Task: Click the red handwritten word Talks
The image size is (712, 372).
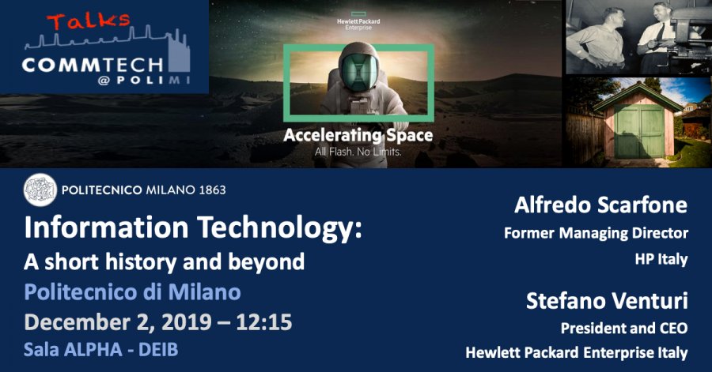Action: pos(89,21)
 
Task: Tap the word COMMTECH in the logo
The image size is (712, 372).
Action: pos(93,65)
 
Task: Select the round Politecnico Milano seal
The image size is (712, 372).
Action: pos(40,190)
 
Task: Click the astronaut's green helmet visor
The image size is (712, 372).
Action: pos(358,72)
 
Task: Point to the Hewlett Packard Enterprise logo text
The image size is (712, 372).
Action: pos(358,24)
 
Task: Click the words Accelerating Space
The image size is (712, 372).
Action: pos(358,136)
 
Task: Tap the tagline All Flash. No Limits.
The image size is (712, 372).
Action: pos(358,152)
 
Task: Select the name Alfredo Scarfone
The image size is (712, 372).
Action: pos(600,205)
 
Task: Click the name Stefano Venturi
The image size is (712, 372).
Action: pos(607,301)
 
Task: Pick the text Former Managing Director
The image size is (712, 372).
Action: pos(596,233)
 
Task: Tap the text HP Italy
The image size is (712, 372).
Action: pos(661,259)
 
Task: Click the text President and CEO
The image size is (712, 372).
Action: pos(624,328)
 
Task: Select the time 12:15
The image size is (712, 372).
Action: pos(263,322)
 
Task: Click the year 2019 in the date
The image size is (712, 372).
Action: pos(187,322)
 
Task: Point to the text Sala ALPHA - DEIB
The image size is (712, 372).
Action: pos(100,349)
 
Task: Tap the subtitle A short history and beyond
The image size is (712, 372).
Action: pos(164,262)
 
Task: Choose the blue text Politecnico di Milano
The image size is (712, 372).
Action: pos(132,292)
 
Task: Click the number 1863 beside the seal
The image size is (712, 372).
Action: pos(213,190)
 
